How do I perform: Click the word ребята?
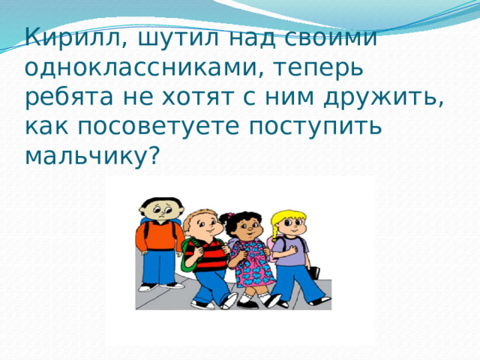(69, 97)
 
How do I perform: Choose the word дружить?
(383, 98)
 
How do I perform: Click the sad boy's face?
(161, 211)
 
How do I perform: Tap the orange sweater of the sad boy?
(160, 235)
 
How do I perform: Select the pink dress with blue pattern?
(252, 264)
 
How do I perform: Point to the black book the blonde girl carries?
(313, 272)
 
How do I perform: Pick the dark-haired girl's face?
(248, 228)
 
